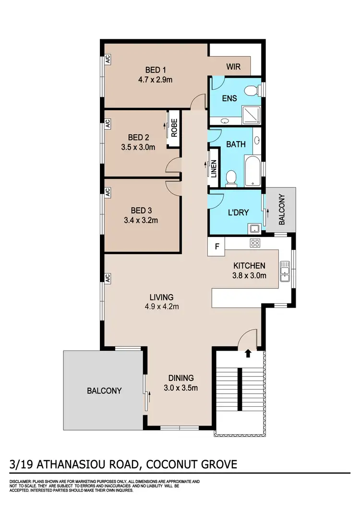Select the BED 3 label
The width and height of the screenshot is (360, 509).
tap(141, 210)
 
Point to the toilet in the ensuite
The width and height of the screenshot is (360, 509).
tap(251, 91)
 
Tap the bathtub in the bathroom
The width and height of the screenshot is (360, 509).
tap(252, 171)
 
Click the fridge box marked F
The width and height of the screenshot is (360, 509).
tap(217, 248)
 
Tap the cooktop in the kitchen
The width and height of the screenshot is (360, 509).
tap(254, 243)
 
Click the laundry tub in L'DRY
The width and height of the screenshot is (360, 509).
tap(254, 228)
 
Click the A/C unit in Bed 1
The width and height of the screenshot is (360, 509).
tap(108, 60)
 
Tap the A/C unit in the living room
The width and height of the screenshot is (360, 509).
tap(108, 278)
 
